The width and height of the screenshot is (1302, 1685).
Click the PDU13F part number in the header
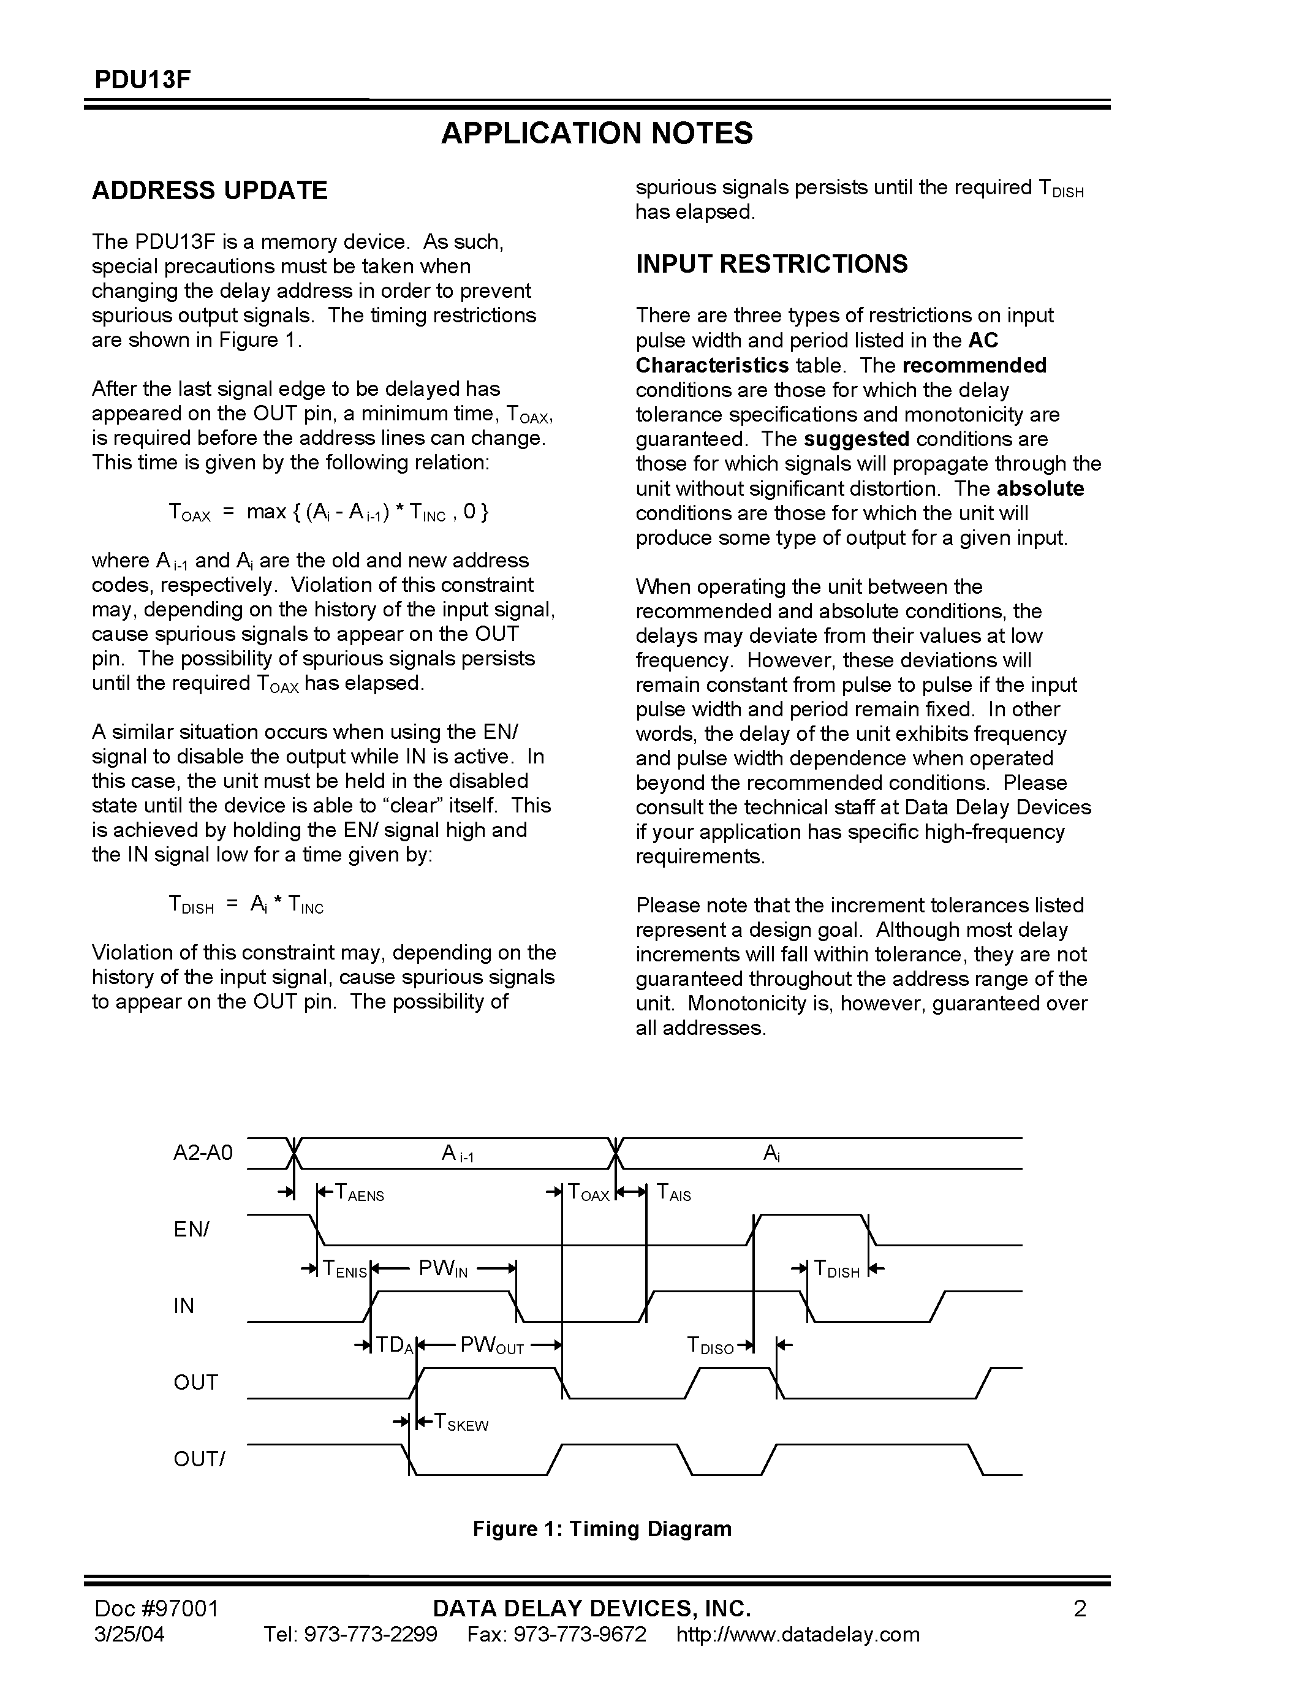(142, 80)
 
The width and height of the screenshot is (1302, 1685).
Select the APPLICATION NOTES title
(596, 134)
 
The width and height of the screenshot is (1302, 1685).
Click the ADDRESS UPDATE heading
(209, 191)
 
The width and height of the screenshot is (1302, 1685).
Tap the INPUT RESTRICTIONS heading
(771, 265)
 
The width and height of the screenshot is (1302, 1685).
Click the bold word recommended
(974, 365)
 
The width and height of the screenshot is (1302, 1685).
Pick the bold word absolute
(1040, 488)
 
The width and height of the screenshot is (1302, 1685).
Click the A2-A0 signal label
(203, 1153)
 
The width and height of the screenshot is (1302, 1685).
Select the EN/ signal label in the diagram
(191, 1229)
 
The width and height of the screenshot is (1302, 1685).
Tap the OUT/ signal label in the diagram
(199, 1459)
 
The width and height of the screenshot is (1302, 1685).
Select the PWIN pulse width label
(443, 1268)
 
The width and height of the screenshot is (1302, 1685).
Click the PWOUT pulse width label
(491, 1346)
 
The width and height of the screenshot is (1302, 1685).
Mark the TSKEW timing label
(461, 1422)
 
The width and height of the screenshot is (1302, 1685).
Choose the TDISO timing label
(710, 1346)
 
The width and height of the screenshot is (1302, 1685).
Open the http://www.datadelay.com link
(798, 1635)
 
